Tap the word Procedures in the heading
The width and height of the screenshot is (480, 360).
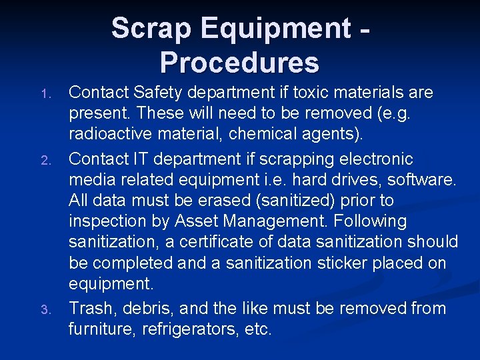point(239,63)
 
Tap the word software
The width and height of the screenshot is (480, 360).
point(423,180)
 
